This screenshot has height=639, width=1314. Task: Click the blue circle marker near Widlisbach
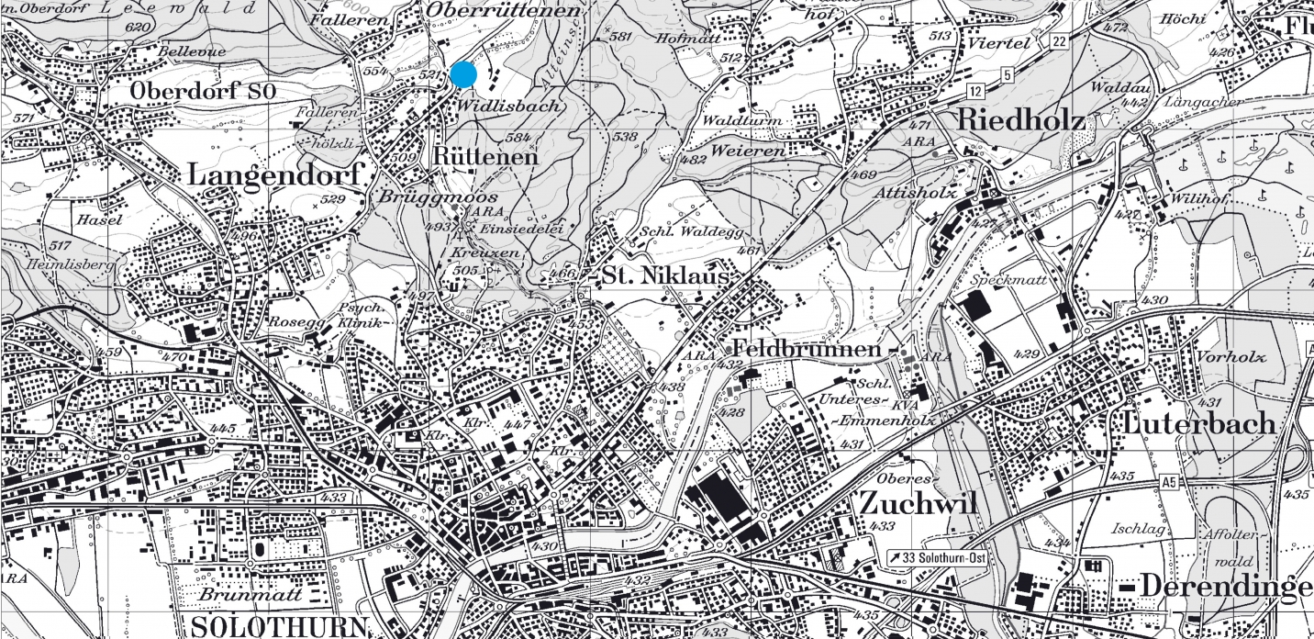[x=463, y=74]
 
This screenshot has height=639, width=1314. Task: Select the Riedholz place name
[x=1020, y=120]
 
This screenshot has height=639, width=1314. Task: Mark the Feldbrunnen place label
[x=807, y=350]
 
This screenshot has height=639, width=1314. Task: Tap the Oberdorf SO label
[x=203, y=91]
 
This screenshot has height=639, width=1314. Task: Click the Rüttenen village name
[x=484, y=157]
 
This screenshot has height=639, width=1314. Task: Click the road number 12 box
[x=975, y=90]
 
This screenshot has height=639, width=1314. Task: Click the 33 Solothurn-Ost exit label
[x=936, y=557]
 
